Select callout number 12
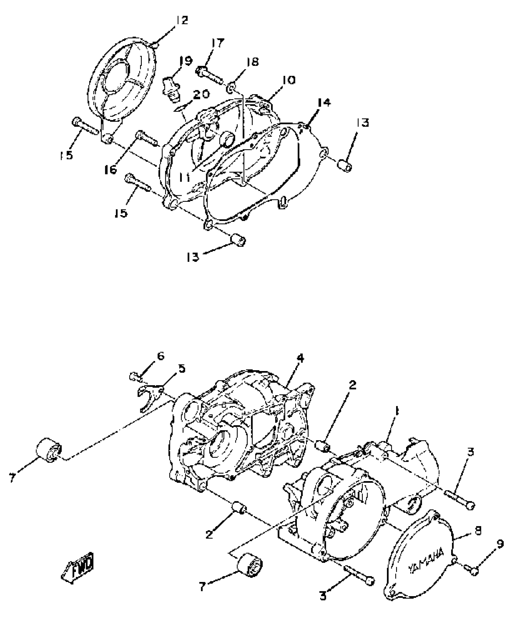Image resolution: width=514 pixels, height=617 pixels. point(182,20)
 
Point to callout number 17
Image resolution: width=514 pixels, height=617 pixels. point(218,43)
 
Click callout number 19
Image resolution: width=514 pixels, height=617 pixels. point(185,61)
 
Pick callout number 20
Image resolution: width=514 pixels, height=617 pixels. point(201,94)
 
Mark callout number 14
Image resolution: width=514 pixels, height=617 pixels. point(324,103)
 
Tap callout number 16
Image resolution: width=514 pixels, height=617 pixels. point(111,170)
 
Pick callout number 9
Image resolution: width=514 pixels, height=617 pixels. point(499,544)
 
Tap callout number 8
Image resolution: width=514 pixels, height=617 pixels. point(478,531)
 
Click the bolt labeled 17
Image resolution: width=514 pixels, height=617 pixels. point(209,75)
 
